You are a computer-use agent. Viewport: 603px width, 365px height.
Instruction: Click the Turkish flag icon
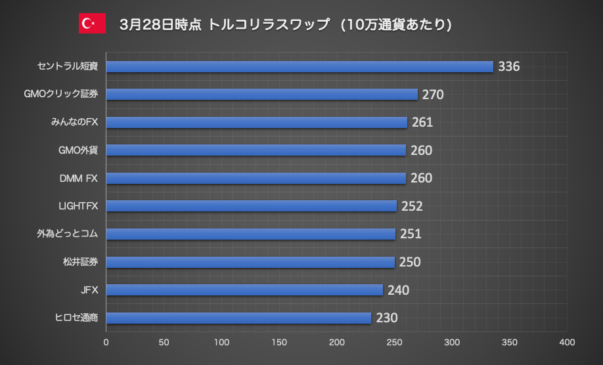click(92, 24)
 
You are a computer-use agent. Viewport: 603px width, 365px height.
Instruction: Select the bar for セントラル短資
click(300, 66)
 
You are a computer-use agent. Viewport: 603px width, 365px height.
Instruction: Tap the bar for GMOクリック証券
click(261, 95)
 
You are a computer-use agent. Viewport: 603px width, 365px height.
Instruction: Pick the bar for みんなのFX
click(256, 122)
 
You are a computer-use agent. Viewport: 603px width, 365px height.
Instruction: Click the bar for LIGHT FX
click(251, 206)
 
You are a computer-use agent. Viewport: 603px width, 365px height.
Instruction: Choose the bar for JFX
click(244, 290)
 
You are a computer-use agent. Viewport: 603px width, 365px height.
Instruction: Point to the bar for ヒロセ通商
click(238, 318)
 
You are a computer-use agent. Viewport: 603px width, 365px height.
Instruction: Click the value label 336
click(509, 66)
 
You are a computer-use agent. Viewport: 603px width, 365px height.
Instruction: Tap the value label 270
click(433, 95)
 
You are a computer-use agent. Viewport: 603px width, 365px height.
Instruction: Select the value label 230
click(387, 318)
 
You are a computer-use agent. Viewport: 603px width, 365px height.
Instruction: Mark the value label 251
click(411, 234)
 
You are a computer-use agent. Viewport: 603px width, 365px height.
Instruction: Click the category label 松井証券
click(80, 263)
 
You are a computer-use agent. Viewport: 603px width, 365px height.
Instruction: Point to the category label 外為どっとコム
click(68, 234)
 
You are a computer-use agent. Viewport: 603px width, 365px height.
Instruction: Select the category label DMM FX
click(78, 178)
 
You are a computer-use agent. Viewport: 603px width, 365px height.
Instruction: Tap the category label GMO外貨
click(78, 150)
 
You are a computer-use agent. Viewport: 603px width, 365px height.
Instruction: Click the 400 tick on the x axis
click(567, 342)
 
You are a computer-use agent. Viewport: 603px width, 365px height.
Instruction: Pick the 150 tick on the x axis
click(279, 342)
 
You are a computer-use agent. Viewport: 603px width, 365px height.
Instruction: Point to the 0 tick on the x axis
click(106, 342)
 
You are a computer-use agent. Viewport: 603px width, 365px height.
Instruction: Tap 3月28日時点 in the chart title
click(161, 24)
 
